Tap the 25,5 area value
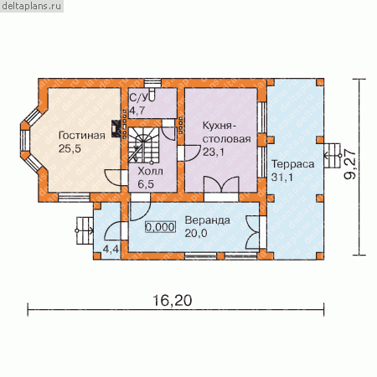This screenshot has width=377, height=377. click(70, 149)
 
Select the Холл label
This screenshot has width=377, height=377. click(150, 171)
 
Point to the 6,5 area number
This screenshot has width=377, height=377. click(146, 184)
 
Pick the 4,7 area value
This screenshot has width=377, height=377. click(137, 111)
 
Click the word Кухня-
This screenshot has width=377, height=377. click(219, 126)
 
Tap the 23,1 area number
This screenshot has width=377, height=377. click(214, 152)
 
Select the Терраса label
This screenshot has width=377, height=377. click(293, 164)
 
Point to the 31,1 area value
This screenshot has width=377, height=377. click(282, 177)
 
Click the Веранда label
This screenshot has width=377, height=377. click(208, 220)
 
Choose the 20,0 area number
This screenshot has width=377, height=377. click(196, 233)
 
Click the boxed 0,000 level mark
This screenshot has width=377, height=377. click(161, 227)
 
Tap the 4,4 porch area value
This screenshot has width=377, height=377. click(111, 250)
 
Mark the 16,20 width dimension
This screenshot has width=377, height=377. click(173, 301)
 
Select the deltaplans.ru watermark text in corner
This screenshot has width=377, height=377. click(32, 6)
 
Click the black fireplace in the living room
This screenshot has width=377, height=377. click(116, 129)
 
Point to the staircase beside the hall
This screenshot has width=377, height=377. click(143, 145)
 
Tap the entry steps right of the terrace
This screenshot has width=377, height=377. click(333, 156)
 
